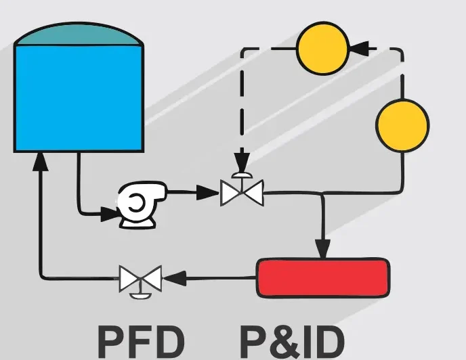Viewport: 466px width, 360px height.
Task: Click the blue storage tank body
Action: pyautogui.click(x=79, y=98)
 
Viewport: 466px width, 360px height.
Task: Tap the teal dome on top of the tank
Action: pyautogui.click(x=79, y=34)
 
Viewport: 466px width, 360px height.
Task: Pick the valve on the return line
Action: pyautogui.click(x=140, y=277)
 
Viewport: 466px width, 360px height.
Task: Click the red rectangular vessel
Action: pyautogui.click(x=322, y=277)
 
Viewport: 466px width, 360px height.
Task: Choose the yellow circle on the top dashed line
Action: pyautogui.click(x=322, y=48)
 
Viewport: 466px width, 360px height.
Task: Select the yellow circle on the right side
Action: pyautogui.click(x=402, y=125)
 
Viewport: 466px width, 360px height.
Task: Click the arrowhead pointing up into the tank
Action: pyautogui.click(x=41, y=160)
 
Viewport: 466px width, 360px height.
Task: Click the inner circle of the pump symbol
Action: pyautogui.click(x=136, y=201)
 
